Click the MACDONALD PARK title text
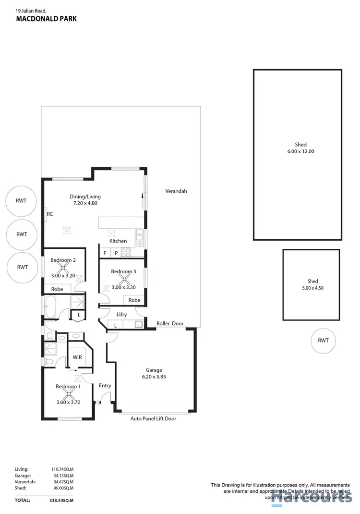46,19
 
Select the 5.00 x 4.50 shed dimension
312,288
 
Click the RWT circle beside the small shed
323,340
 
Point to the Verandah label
176,191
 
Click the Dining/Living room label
85,196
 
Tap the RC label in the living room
50,214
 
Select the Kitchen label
118,241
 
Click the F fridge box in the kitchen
105,253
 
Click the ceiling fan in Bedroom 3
123,280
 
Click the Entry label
105,386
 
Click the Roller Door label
170,324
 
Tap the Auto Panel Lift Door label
154,419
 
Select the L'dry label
121,315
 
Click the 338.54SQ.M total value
61,500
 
